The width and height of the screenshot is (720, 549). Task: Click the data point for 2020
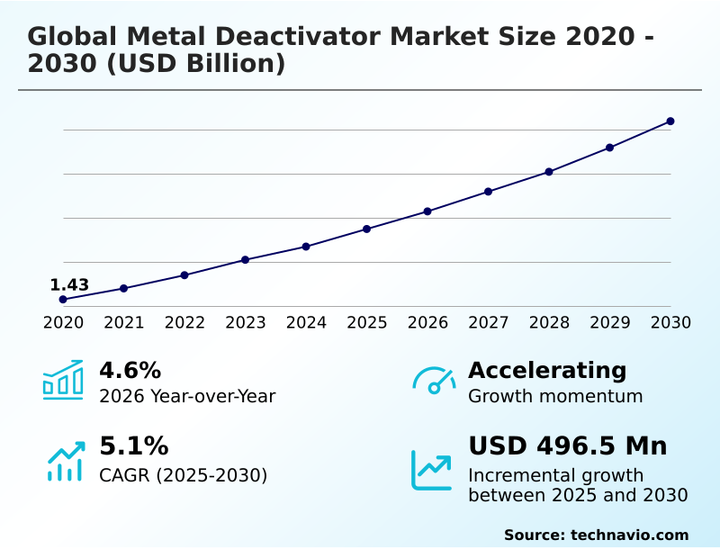tap(63, 299)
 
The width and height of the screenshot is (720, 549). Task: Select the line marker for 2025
tap(367, 229)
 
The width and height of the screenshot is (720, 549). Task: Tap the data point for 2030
tap(670, 121)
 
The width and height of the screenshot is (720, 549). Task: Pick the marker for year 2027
tap(489, 192)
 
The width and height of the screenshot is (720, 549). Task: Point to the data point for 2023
tap(245, 260)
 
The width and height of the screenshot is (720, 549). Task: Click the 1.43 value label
tap(69, 285)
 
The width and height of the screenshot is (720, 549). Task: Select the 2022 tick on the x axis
tap(184, 323)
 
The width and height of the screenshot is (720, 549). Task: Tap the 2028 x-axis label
tap(549, 323)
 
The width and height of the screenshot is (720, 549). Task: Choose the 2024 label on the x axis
tap(306, 323)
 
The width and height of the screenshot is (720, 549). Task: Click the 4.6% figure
tap(130, 370)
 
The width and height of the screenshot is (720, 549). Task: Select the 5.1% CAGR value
tap(133, 446)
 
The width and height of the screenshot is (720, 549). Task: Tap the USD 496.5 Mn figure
tap(567, 446)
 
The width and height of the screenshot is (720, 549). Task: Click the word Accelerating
tap(547, 370)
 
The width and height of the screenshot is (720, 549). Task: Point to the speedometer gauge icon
tap(434, 380)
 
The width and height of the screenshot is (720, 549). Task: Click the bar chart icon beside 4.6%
tap(63, 380)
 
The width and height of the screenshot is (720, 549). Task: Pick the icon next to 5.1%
tap(65, 461)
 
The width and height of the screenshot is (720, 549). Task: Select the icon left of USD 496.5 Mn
tap(432, 470)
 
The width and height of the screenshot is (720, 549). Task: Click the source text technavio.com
tap(629, 535)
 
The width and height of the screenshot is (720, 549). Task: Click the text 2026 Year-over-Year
tap(187, 397)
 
